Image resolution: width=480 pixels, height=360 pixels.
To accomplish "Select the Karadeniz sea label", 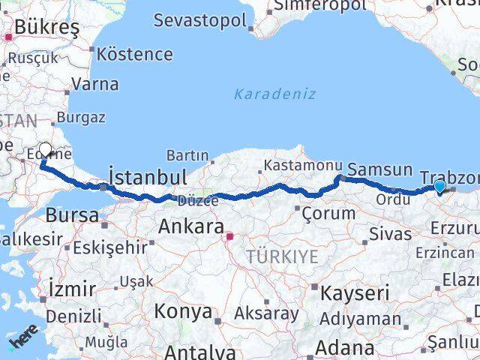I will point(275,94).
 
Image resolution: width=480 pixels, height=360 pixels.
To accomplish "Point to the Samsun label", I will point(380,170).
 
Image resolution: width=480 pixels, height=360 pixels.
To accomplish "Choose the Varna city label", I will point(95,84).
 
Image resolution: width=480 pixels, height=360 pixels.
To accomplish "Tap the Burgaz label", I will point(80,118).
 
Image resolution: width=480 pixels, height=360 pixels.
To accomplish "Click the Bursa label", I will point(72,216).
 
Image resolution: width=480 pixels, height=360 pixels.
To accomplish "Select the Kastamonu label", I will point(292,165).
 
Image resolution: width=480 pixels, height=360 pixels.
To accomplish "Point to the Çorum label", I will point(328,214).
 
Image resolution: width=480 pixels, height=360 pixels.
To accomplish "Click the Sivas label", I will point(390,234).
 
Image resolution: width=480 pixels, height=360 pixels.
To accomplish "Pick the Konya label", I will point(184,312).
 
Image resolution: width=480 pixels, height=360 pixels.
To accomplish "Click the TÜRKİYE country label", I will point(282,257).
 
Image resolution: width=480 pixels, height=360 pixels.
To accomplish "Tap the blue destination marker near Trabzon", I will point(439,187).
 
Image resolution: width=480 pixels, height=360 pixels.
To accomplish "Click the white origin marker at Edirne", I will point(45,151).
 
